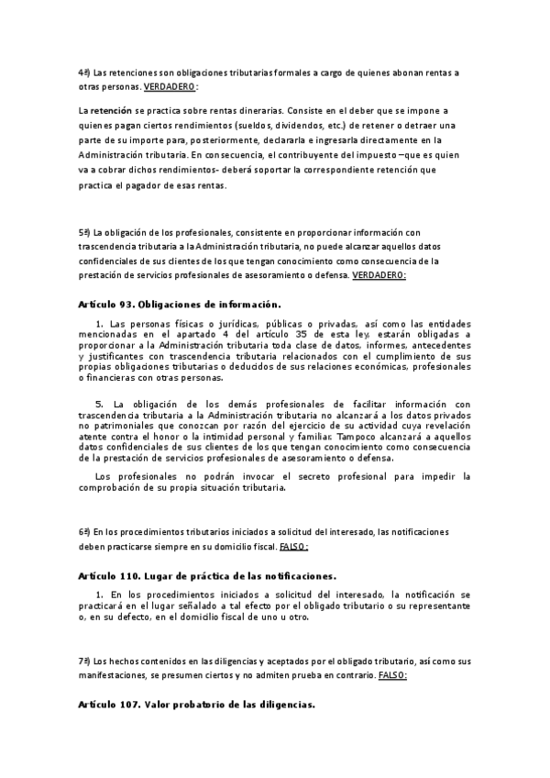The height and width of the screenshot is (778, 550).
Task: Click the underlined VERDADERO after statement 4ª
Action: pyautogui.click(x=170, y=86)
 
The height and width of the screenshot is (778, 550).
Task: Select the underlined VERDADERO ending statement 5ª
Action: pyautogui.click(x=379, y=275)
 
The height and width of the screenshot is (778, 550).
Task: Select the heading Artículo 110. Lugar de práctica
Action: pyautogui.click(x=208, y=576)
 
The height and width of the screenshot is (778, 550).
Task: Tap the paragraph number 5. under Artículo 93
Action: pyautogui.click(x=100, y=405)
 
